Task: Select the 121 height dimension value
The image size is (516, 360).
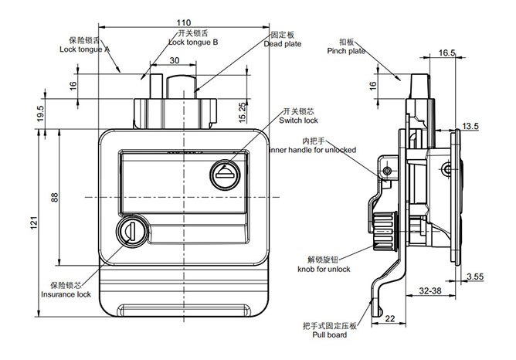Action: pyautogui.click(x=32, y=222)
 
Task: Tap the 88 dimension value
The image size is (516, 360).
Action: pyautogui.click(x=54, y=197)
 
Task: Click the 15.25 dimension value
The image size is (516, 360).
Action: pyautogui.click(x=242, y=113)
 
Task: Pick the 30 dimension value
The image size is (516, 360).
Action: pyautogui.click(x=174, y=60)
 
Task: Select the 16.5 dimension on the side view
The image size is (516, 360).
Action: pyautogui.click(x=446, y=53)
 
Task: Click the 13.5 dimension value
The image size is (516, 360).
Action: pyautogui.click(x=471, y=125)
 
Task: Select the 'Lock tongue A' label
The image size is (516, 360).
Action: pyautogui.click(x=85, y=49)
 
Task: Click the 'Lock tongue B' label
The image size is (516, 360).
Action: pyautogui.click(x=193, y=42)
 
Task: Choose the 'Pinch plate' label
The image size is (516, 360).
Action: pyautogui.click(x=346, y=51)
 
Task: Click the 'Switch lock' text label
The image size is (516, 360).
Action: pyautogui.click(x=299, y=121)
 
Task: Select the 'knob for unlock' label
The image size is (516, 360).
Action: pyautogui.click(x=324, y=269)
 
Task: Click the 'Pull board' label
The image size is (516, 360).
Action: pyautogui.click(x=330, y=336)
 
